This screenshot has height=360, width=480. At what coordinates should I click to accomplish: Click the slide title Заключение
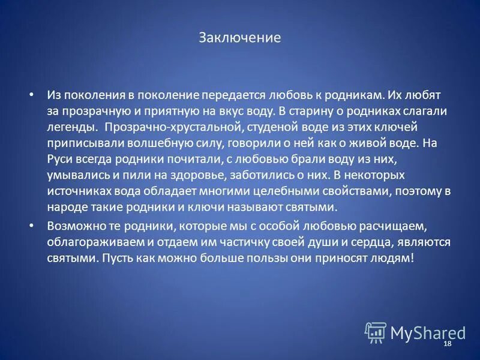(x=239, y=38)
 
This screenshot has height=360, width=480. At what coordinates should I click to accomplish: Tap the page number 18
(x=446, y=343)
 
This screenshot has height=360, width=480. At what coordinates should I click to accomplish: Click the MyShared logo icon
(x=376, y=332)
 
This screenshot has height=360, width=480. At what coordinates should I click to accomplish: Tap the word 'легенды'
(x=71, y=128)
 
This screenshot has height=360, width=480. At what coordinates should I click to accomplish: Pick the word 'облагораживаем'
(x=91, y=242)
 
